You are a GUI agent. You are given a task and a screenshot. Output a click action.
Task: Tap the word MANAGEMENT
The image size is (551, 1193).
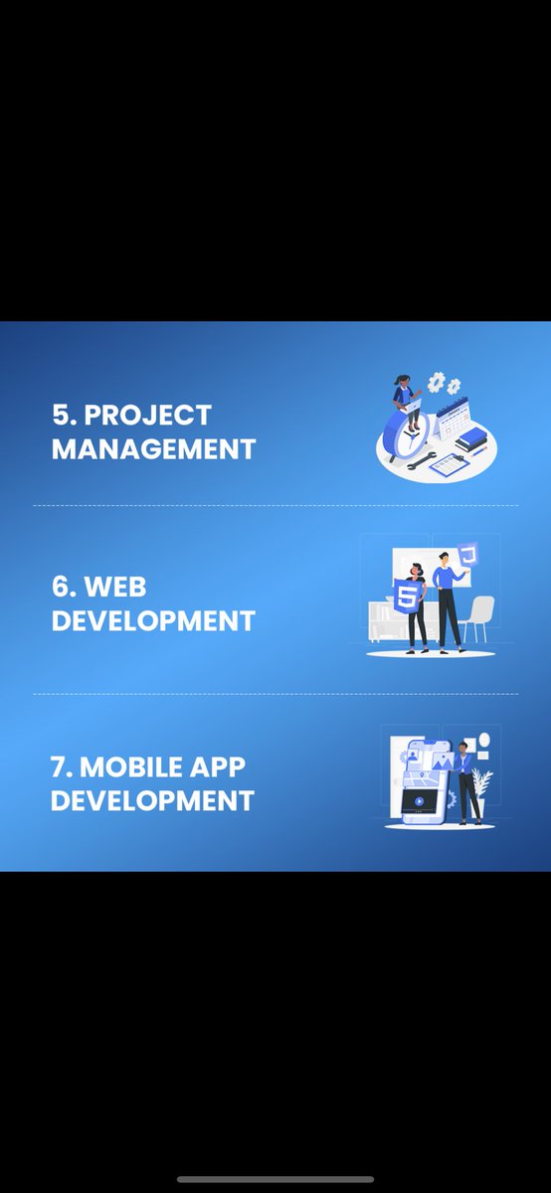[153, 448]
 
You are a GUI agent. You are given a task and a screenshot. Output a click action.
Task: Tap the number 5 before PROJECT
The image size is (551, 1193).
[61, 414]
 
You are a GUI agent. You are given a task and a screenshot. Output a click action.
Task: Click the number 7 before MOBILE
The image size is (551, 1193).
[60, 767]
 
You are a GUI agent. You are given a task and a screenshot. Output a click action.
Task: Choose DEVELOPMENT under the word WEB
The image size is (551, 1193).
[153, 621]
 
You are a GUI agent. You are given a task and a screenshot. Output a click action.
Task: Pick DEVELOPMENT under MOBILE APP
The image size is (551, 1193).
[152, 800]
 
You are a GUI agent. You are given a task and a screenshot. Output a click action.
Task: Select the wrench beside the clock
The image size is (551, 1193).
[417, 460]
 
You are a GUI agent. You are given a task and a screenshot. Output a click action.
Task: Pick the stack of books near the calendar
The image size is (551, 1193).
[471, 437]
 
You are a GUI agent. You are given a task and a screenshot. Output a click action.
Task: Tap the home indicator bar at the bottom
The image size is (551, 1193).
[275, 1179]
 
